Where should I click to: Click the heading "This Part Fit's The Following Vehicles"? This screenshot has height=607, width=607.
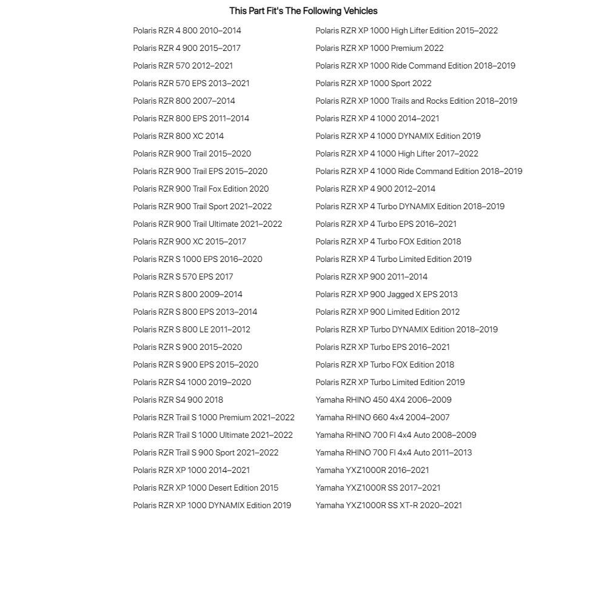click(x=303, y=11)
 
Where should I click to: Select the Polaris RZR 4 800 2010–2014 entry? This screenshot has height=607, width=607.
click(x=187, y=30)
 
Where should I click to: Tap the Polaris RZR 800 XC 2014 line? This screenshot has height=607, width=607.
click(x=178, y=136)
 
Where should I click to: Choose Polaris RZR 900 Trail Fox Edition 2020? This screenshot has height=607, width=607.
click(x=201, y=189)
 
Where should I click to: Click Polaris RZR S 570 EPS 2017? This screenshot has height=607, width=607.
click(x=183, y=277)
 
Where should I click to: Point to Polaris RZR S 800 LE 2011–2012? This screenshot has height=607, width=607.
click(x=192, y=329)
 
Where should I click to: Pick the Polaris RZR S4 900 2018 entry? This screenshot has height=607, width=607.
click(x=178, y=400)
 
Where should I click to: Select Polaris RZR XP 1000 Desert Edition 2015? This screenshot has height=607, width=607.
click(x=206, y=488)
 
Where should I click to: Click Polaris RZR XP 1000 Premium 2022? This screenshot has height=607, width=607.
click(x=380, y=48)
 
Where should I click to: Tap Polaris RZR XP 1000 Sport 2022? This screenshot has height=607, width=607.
click(x=374, y=83)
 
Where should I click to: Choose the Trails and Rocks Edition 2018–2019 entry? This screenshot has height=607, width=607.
click(x=416, y=101)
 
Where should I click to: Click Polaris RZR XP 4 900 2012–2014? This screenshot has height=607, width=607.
click(x=375, y=189)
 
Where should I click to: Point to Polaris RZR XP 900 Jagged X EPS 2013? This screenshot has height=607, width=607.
click(x=386, y=294)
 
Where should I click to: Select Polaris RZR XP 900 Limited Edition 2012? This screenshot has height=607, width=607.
click(x=387, y=312)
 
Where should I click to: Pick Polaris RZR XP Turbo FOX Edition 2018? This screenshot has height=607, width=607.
click(x=384, y=364)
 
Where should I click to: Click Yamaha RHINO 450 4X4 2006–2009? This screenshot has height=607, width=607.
click(x=383, y=400)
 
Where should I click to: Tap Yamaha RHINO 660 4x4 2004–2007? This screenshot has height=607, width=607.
click(x=383, y=417)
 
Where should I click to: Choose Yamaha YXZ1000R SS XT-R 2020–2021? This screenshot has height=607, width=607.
click(x=389, y=505)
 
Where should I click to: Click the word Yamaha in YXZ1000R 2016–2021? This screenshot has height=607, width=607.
click(x=329, y=470)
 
